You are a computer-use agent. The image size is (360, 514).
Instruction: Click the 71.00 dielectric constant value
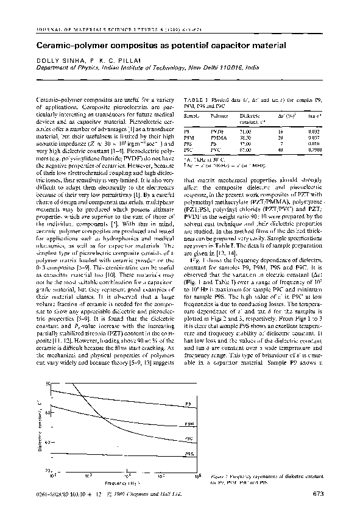[245, 131]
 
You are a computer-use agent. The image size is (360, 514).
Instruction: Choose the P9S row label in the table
[189, 143]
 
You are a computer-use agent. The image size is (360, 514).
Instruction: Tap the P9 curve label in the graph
[189, 404]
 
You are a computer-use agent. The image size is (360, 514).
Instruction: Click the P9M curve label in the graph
[189, 424]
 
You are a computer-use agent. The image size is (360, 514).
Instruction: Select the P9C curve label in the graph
[189, 438]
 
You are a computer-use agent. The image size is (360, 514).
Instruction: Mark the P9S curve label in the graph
[189, 455]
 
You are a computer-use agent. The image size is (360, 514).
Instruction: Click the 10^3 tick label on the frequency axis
[88, 475]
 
